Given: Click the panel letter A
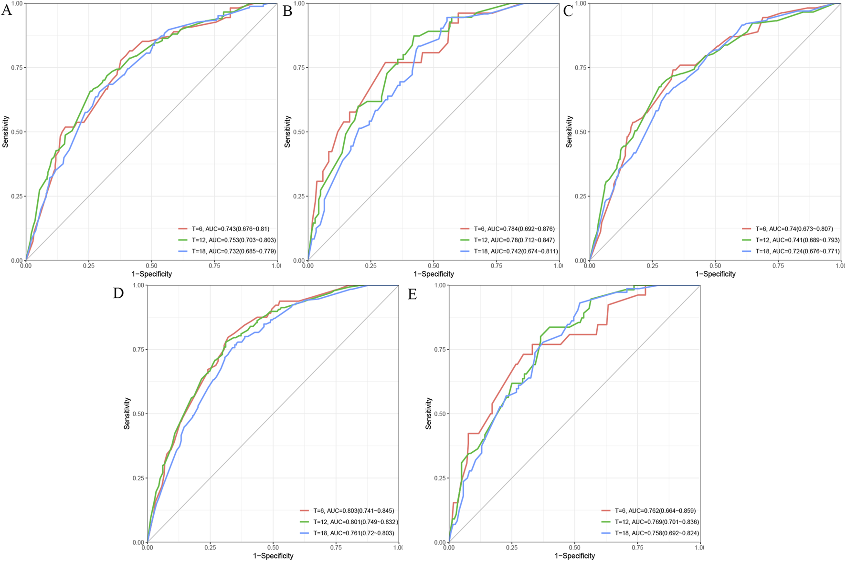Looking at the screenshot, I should click(6, 10).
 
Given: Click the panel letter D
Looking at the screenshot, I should click(118, 293).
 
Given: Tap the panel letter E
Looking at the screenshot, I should click(412, 294).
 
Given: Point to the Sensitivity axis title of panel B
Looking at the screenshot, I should click(287, 132).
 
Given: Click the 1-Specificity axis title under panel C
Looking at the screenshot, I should click(715, 274).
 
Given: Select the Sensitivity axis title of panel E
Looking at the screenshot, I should click(428, 413).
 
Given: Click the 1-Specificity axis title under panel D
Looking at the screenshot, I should click(273, 556).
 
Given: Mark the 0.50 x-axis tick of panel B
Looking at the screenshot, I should click(434, 266).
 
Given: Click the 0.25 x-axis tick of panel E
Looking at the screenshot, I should click(512, 548).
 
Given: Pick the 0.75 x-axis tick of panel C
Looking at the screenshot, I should click(778, 266).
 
